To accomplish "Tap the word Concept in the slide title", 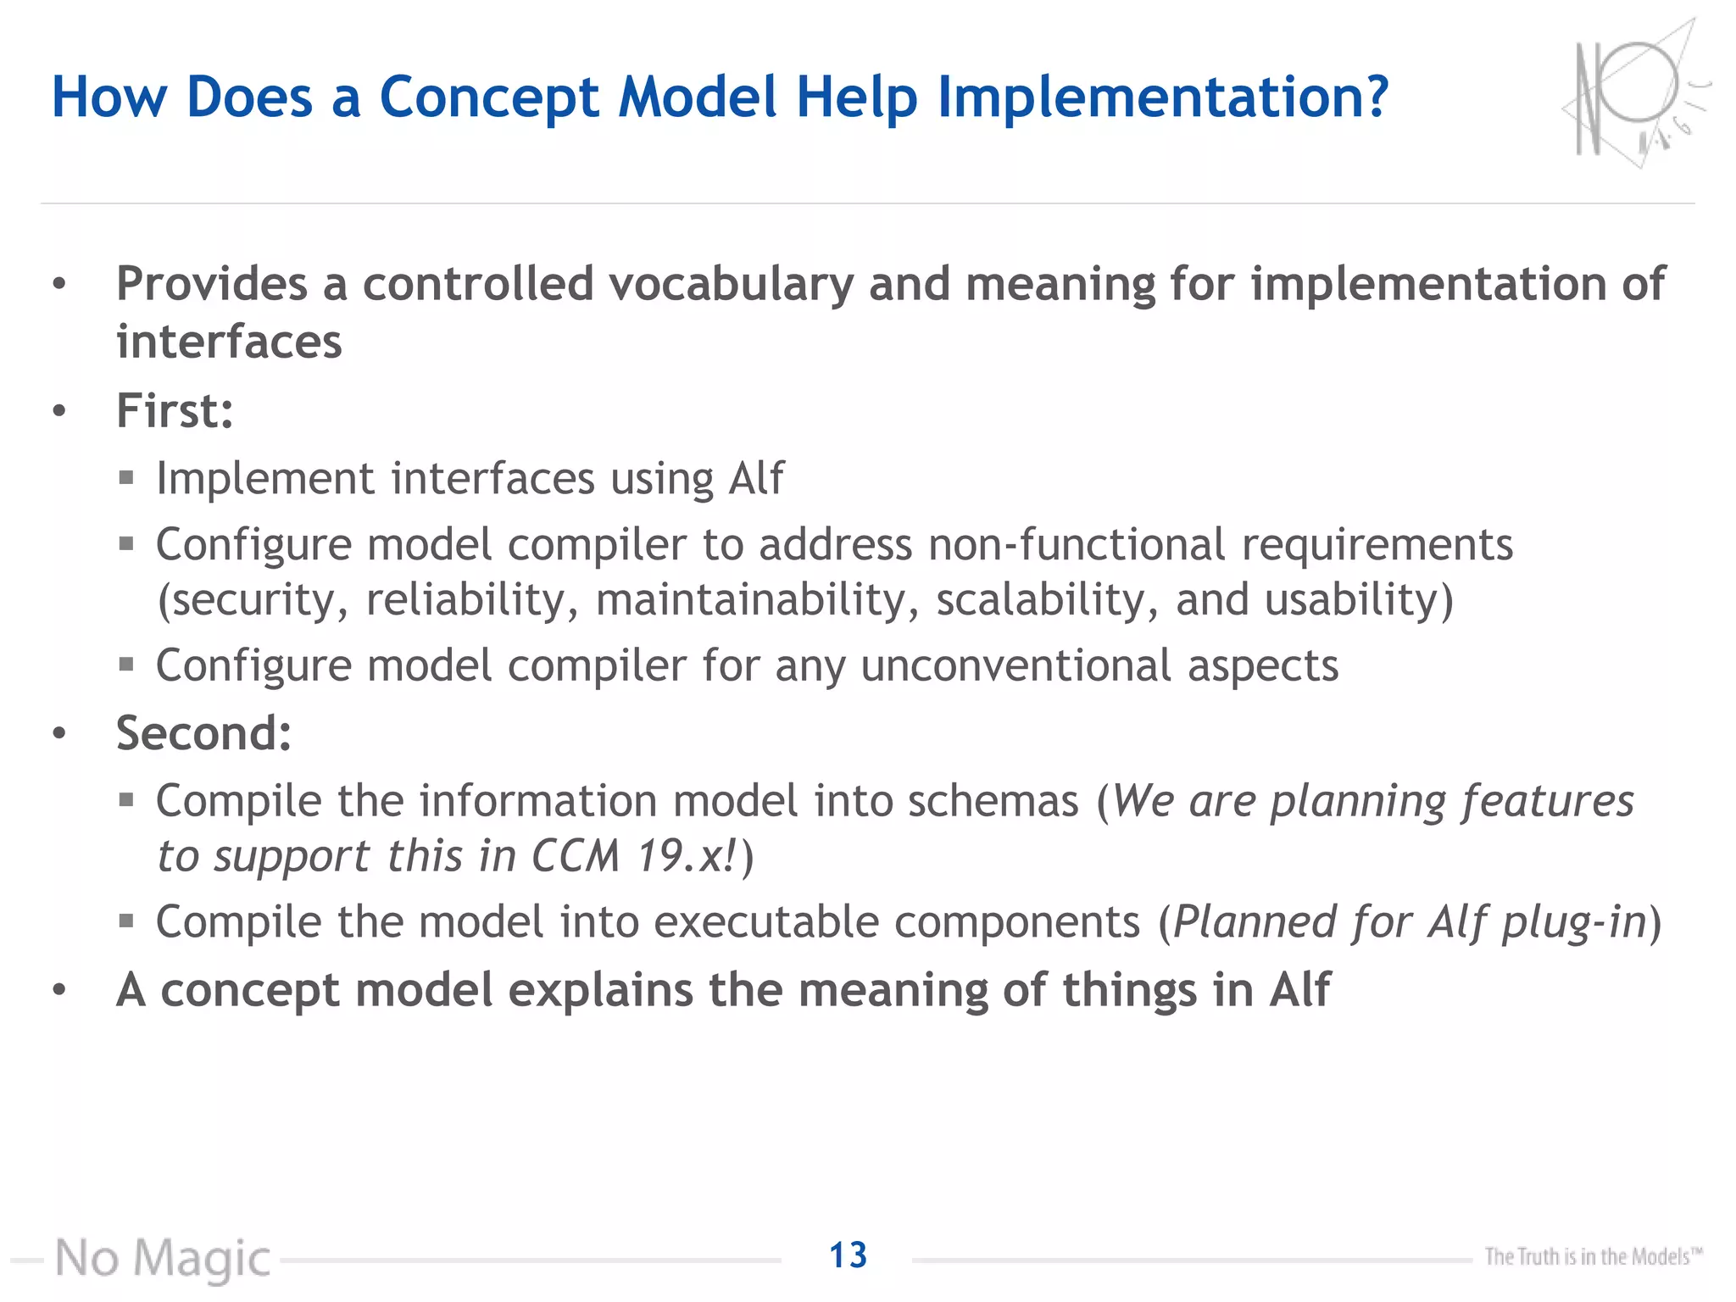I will pos(489,97).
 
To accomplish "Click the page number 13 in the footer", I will pos(848,1255).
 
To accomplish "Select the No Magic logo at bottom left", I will pos(163,1258).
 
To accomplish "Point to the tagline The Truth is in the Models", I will pos(1592,1256).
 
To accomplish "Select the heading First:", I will pos(175,411).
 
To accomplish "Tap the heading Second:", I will pos(203,733).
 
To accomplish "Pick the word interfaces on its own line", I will pos(229,342).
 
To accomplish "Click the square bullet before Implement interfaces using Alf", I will pos(127,478).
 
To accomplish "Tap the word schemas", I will pos(993,801).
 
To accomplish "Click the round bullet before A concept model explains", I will pos(58,990).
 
